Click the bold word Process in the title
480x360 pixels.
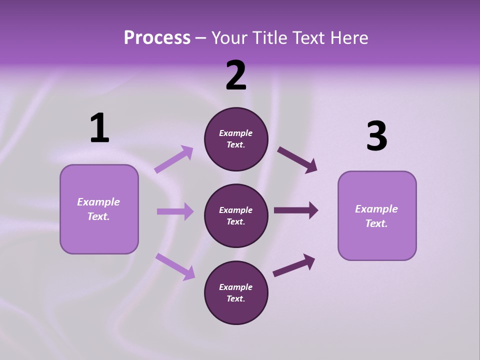coord(157,37)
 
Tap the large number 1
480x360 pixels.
coord(99,128)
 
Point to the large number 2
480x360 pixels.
coord(236,75)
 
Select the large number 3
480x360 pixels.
coord(376,136)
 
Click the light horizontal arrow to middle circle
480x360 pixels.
coord(175,211)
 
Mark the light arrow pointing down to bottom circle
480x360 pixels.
coord(175,266)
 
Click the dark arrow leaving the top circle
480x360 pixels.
coord(297,160)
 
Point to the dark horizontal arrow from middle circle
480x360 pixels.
coord(296,210)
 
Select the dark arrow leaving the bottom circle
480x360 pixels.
coord(294,265)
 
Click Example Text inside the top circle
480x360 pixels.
coord(236,139)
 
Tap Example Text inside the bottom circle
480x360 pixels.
coord(236,293)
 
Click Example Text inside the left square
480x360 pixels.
coord(98,209)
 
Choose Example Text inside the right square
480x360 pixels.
coord(376,216)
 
